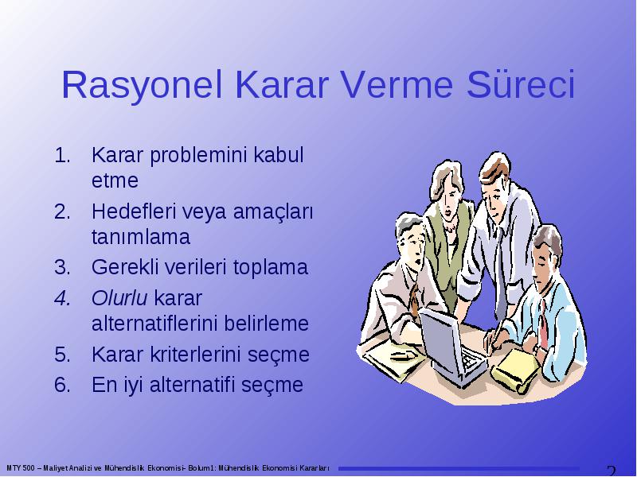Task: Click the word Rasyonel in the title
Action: (x=142, y=86)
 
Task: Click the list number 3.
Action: (x=62, y=267)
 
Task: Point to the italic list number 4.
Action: (x=63, y=298)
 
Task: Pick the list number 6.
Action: (x=62, y=385)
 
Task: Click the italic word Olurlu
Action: (x=119, y=298)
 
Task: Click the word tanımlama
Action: (x=141, y=237)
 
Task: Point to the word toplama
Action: (x=270, y=268)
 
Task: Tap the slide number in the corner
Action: (x=611, y=471)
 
